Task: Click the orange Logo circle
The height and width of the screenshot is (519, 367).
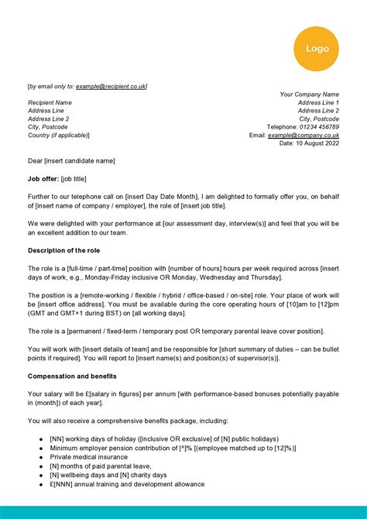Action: (316, 48)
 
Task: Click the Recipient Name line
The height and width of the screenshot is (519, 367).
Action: (50, 102)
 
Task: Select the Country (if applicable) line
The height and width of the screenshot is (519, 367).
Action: (59, 135)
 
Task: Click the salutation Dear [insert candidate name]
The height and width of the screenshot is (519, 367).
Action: (71, 161)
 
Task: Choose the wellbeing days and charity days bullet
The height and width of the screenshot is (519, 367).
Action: (108, 475)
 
